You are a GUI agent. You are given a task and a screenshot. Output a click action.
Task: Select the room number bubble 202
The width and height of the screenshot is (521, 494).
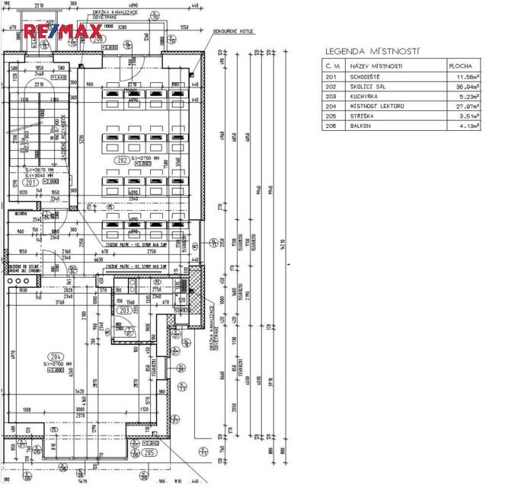coord(121,160)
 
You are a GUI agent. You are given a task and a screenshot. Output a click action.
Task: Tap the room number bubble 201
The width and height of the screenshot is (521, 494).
coord(30,183)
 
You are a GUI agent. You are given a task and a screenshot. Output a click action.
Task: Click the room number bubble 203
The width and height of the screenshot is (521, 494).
coord(125,310)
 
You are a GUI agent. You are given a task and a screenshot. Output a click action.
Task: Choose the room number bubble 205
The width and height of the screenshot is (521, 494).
coord(149,452)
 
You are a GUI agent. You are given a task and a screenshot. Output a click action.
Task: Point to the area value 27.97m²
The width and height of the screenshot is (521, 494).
coord(468,107)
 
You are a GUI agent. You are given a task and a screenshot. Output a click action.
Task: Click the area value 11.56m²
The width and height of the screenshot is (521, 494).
coord(468,77)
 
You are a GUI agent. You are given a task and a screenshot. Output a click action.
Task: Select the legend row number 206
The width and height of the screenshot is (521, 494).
coord(331,126)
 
